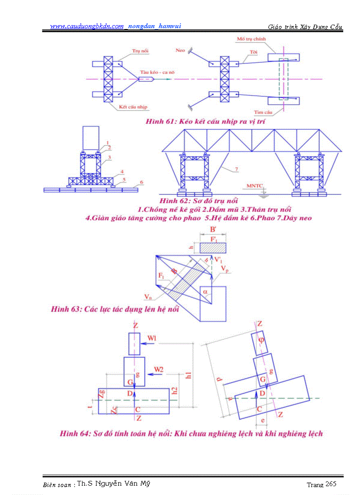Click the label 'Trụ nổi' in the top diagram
140,51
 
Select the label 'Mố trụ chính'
249,39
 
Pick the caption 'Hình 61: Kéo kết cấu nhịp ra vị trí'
205,121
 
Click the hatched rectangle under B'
213,248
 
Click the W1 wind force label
163,339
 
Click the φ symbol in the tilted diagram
261,340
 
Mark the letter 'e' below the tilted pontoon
262,421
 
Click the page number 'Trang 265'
322,484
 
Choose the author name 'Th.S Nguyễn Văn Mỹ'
113,484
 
